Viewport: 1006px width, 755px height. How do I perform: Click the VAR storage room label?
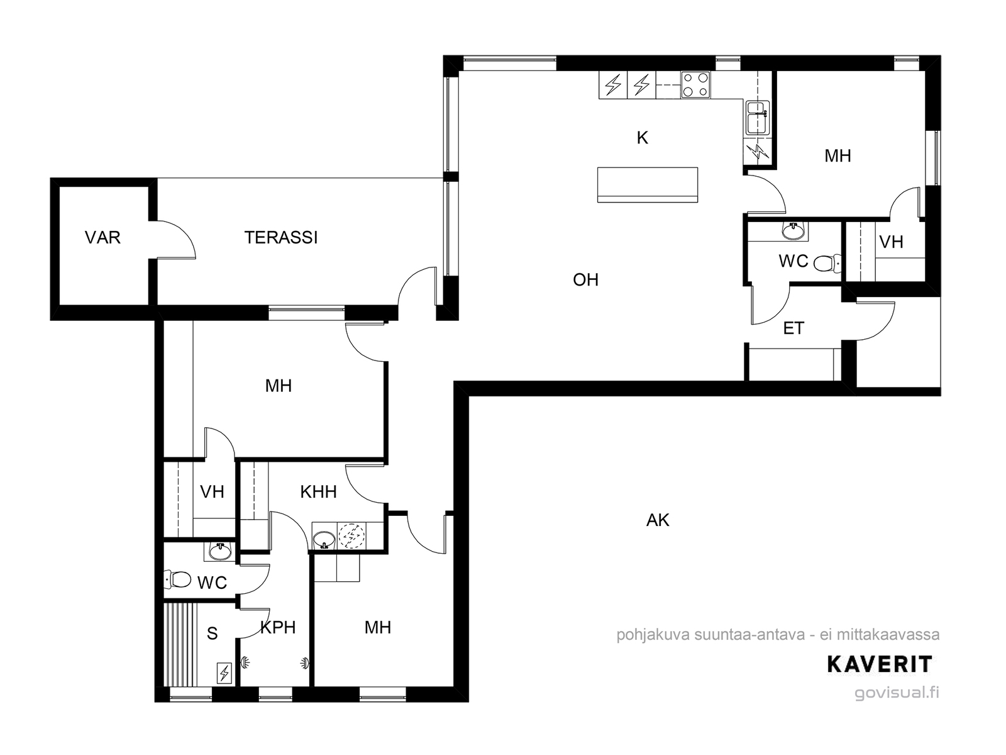click(x=102, y=237)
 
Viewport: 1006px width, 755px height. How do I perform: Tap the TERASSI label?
click(x=281, y=237)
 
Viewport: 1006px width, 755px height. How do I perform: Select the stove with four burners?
click(x=695, y=85)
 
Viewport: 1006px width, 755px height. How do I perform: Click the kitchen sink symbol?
click(x=757, y=118)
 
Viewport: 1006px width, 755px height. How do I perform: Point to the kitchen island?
click(x=648, y=185)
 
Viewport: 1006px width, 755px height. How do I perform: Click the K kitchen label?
click(x=643, y=138)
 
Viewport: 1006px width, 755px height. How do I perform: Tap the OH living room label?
click(x=586, y=279)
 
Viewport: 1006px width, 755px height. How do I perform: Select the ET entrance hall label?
click(x=794, y=328)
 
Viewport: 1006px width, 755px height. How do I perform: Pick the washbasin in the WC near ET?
click(x=793, y=230)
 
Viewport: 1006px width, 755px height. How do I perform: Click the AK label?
click(x=658, y=520)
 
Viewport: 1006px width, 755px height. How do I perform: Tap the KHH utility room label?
click(x=319, y=492)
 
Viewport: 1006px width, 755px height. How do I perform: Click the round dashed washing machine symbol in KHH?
click(x=351, y=536)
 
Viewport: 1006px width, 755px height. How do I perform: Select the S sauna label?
click(x=212, y=634)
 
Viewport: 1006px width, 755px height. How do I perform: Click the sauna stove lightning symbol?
click(x=224, y=673)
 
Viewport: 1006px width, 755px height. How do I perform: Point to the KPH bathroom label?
click(x=278, y=627)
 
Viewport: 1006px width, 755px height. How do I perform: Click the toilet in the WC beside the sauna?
click(x=177, y=579)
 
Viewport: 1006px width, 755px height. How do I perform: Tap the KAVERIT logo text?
click(x=880, y=664)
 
